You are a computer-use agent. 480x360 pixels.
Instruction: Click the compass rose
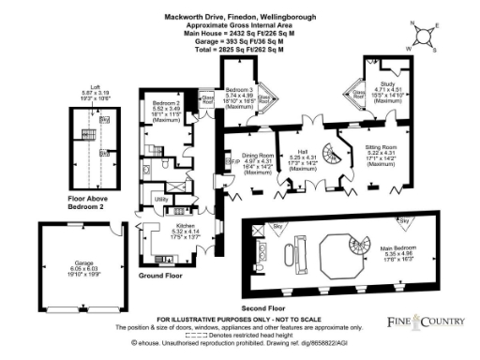coord(426,35)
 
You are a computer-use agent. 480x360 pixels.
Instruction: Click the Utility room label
coord(161,200)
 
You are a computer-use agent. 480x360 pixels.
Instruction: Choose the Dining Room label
coord(257,159)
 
